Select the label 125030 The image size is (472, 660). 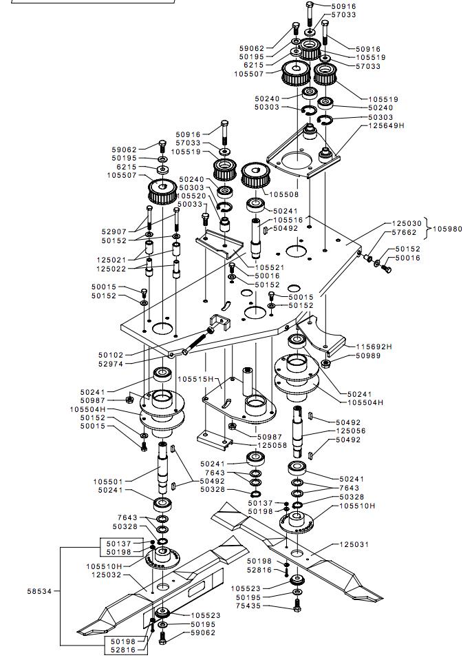[407, 223]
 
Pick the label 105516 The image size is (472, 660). [288, 220]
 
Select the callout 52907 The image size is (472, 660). [115, 232]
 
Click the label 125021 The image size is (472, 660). [111, 260]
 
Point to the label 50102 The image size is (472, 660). [111, 355]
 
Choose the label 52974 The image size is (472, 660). [111, 364]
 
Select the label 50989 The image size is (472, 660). [369, 356]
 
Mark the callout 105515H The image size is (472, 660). [195, 379]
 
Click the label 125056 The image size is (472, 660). [351, 431]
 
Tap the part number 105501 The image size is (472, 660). [109, 481]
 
